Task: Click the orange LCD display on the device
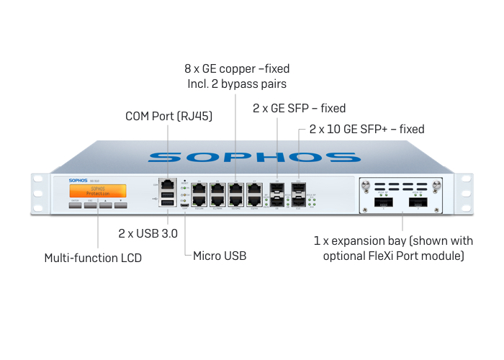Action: tap(98, 191)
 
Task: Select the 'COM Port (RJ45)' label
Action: tap(168, 115)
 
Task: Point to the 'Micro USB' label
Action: tap(220, 256)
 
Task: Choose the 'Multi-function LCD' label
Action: tap(93, 257)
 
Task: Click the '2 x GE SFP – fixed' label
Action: tap(299, 108)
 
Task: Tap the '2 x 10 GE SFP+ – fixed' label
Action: tap(366, 130)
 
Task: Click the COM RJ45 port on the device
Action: tap(166, 183)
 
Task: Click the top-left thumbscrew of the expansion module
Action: tap(366, 185)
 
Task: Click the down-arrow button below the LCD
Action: tap(120, 204)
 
